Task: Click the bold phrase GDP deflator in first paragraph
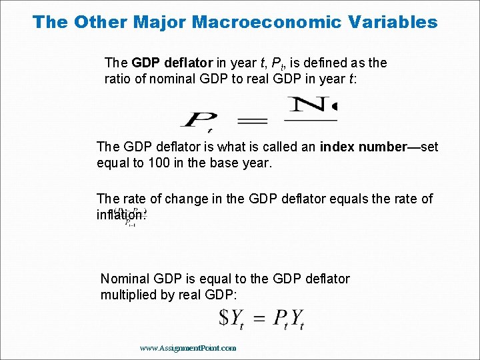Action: (173, 63)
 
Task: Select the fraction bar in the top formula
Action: (311, 121)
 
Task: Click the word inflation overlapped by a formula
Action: (121, 215)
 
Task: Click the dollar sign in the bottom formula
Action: (225, 317)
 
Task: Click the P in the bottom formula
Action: (279, 317)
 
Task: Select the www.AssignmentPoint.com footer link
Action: (189, 347)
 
